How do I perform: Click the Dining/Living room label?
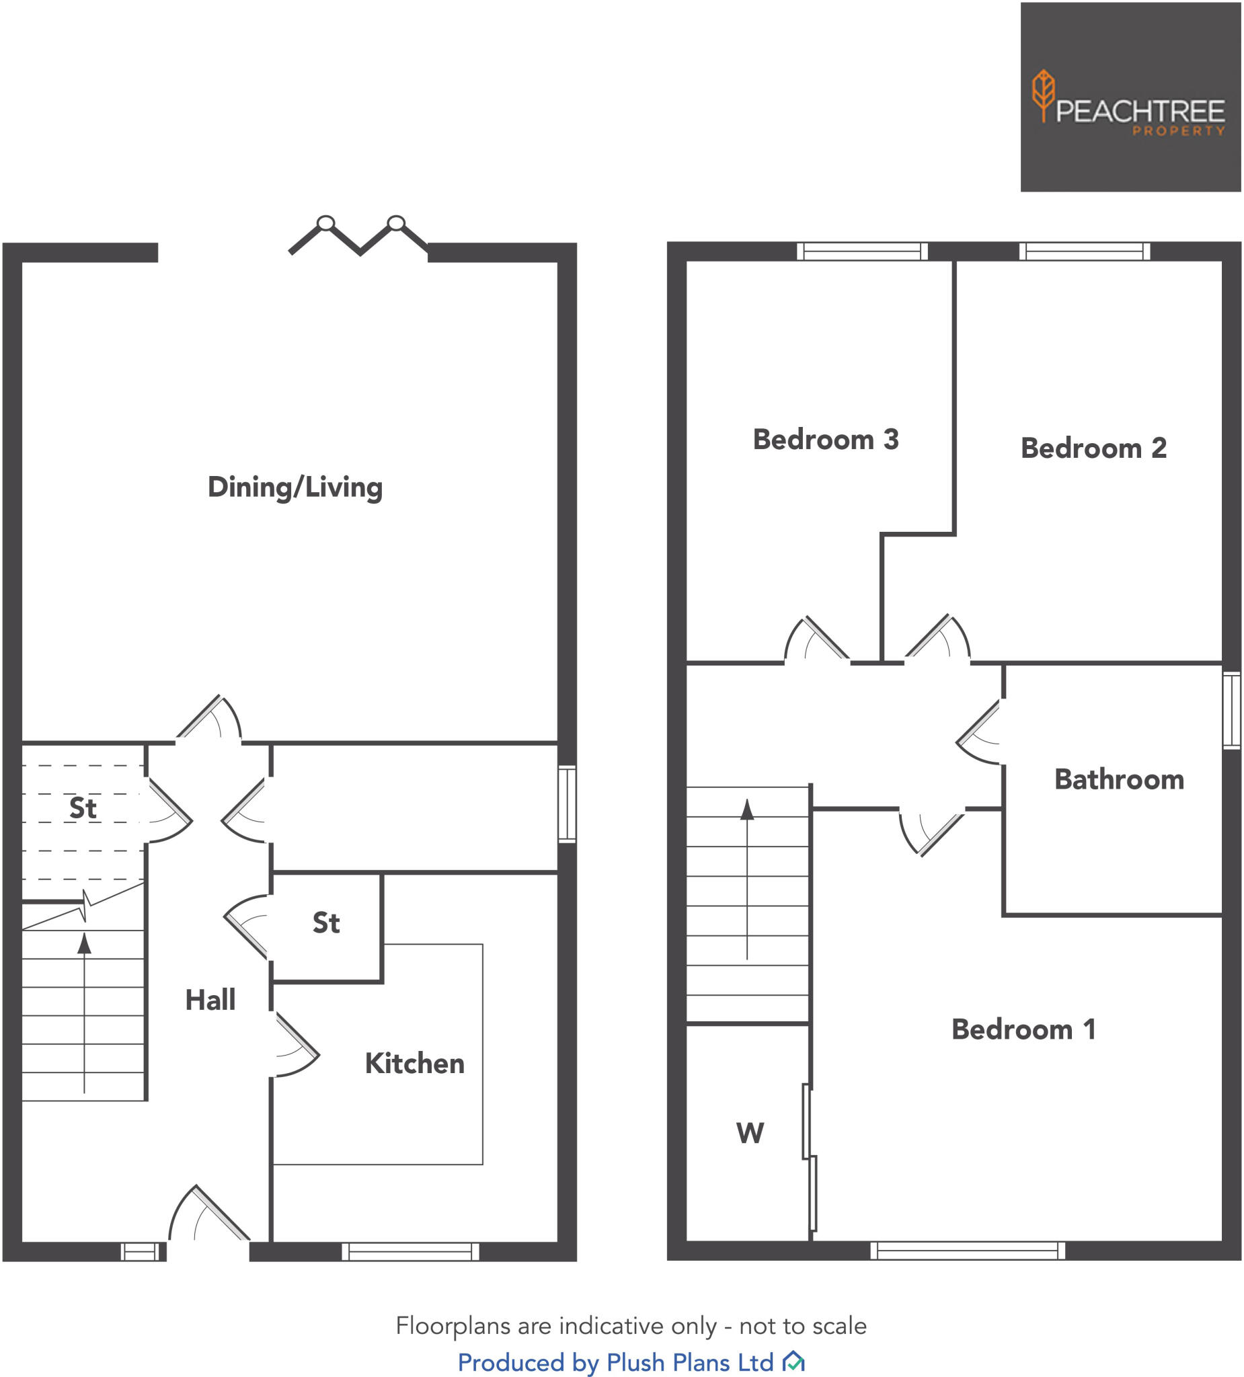(295, 487)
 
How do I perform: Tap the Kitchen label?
(414, 1064)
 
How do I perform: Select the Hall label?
(210, 1000)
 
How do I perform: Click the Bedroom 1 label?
(1023, 1029)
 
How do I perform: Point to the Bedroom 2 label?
(1093, 448)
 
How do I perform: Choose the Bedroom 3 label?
(825, 439)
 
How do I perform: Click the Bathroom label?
(1119, 779)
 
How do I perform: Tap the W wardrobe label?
(749, 1133)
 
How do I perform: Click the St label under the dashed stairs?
(83, 808)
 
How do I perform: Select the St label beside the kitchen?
(326, 922)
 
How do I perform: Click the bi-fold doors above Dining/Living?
(358, 235)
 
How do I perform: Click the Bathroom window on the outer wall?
(1231, 711)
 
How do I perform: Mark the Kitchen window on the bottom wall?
(410, 1251)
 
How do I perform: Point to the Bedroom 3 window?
(862, 251)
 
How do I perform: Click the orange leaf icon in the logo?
(1043, 93)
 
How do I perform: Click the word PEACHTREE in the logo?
(1140, 112)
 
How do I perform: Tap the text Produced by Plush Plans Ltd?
(615, 1362)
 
